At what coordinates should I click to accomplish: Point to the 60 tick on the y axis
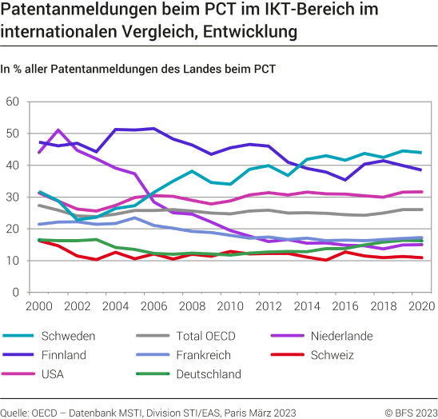tap(12, 102)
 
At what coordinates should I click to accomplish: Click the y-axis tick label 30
tap(12, 198)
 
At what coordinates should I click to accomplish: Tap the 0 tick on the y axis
tap(16, 293)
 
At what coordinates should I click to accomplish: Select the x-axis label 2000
tap(39, 307)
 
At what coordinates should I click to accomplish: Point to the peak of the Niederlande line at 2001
tap(58, 130)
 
